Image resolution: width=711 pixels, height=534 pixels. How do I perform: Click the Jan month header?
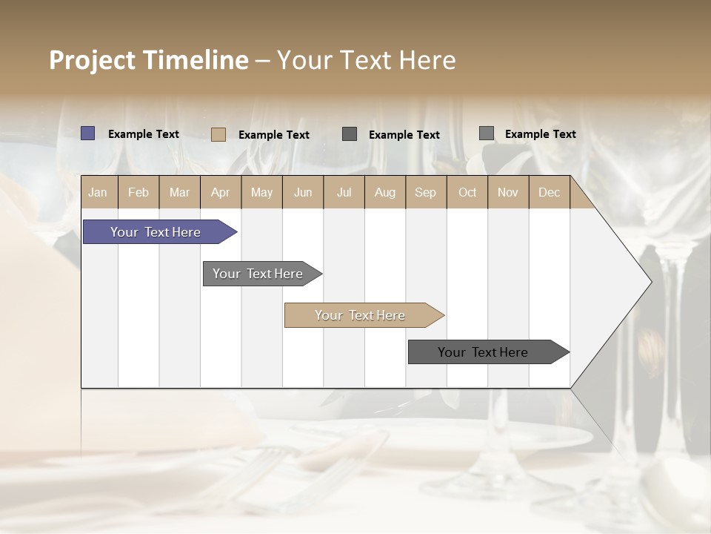pyautogui.click(x=99, y=192)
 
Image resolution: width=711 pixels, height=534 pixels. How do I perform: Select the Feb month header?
pyautogui.click(x=138, y=192)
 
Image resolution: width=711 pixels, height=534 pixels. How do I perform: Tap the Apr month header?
pyautogui.click(x=221, y=192)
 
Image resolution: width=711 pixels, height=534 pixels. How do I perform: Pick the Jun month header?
pyautogui.click(x=303, y=192)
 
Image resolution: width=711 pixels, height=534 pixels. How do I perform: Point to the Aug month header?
pyautogui.click(x=385, y=192)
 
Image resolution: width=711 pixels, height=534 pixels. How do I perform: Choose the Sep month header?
pyautogui.click(x=426, y=192)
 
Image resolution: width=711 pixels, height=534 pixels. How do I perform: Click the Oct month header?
pyautogui.click(x=467, y=192)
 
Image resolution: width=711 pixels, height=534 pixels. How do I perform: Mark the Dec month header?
pyautogui.click(x=550, y=192)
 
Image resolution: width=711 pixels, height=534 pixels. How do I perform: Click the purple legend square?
pyautogui.click(x=87, y=133)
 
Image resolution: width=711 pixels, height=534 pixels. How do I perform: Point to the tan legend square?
pyautogui.click(x=218, y=134)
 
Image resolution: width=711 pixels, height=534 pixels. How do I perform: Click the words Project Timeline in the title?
pyautogui.click(x=148, y=60)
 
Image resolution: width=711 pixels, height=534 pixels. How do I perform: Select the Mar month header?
pyautogui.click(x=179, y=192)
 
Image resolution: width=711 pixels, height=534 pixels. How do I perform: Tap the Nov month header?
pyautogui.click(x=508, y=192)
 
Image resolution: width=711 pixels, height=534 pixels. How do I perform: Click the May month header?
pyautogui.click(x=261, y=192)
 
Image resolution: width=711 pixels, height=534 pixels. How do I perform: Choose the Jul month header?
pyautogui.click(x=344, y=192)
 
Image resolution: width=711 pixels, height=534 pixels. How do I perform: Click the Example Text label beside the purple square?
pyautogui.click(x=144, y=134)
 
